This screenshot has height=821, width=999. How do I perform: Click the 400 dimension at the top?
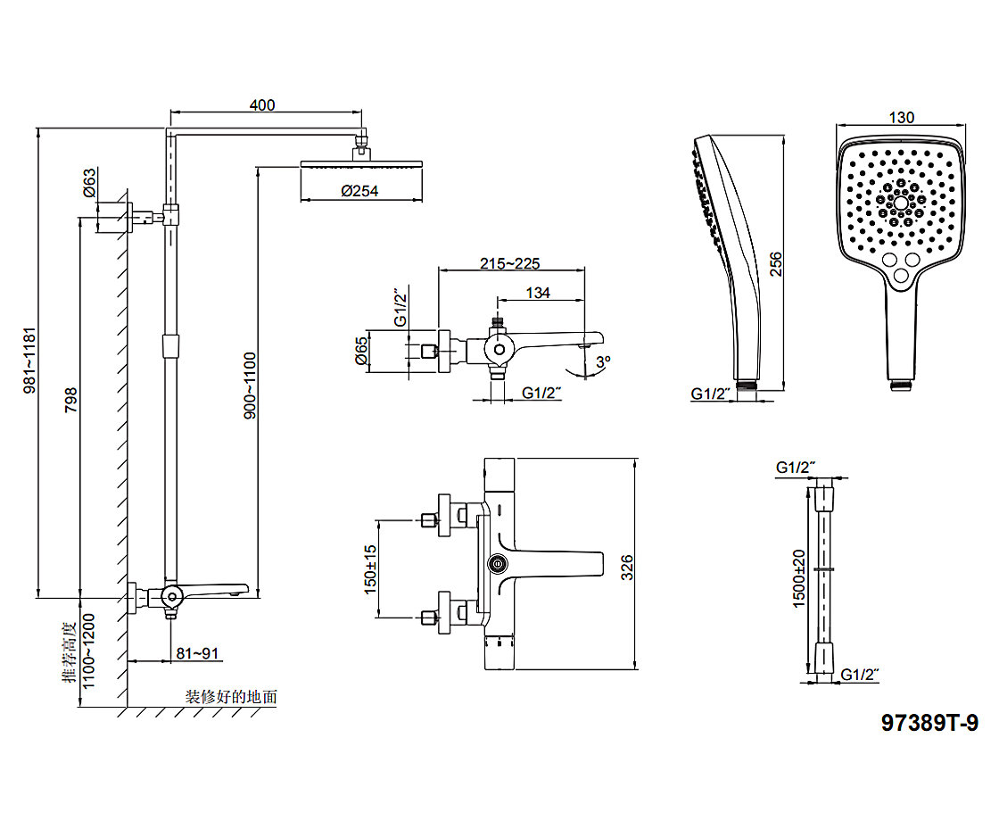(x=262, y=104)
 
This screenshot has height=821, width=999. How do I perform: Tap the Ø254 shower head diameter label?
(x=359, y=191)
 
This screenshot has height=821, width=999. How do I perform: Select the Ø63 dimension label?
(x=89, y=183)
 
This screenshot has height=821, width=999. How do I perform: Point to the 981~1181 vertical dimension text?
(x=29, y=361)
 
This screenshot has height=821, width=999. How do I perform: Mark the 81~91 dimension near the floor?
(x=197, y=653)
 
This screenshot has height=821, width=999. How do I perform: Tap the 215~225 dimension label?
(x=510, y=263)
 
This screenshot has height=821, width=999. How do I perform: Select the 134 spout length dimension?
(x=538, y=292)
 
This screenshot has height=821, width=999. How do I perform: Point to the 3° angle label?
(x=604, y=361)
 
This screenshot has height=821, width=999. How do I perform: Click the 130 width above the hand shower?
(x=902, y=118)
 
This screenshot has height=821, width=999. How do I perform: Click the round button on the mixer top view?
(x=497, y=563)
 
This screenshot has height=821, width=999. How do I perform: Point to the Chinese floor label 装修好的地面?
(x=231, y=696)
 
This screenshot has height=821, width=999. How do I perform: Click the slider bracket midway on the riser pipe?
(x=170, y=345)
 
